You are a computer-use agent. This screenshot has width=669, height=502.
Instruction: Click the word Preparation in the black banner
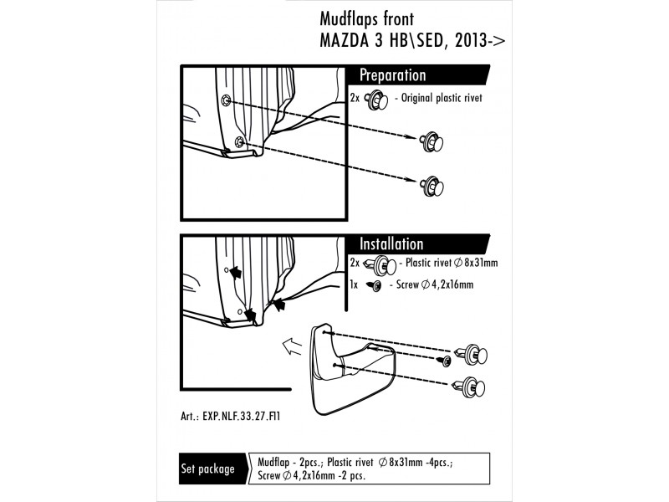(x=392, y=75)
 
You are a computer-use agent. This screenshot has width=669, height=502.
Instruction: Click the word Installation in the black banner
(x=391, y=244)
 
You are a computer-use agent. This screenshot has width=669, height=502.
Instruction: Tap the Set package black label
(x=207, y=469)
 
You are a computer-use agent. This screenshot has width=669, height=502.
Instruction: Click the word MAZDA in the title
(x=344, y=40)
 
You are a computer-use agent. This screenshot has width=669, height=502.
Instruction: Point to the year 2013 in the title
(x=471, y=40)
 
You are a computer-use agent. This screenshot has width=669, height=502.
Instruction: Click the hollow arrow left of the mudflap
(x=292, y=346)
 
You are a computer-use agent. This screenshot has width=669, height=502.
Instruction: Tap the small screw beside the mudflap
(x=444, y=361)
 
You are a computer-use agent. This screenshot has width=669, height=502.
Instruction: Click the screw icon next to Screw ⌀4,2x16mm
(x=374, y=285)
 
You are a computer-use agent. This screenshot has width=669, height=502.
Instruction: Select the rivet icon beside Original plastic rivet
(x=376, y=100)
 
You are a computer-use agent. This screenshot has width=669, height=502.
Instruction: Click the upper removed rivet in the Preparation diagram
(x=431, y=142)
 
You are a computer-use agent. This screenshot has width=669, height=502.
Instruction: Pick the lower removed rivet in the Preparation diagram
(x=432, y=186)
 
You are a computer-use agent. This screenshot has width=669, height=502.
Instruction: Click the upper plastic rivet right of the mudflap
(x=472, y=355)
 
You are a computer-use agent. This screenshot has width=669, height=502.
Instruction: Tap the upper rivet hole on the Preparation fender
(x=226, y=100)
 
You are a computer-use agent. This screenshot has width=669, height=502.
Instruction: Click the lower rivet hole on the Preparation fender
(x=240, y=141)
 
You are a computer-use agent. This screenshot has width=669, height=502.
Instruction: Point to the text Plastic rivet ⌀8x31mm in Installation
(x=452, y=263)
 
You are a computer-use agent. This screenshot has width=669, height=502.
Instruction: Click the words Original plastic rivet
(x=442, y=98)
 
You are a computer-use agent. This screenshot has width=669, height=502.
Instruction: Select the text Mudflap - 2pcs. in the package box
(x=289, y=463)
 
